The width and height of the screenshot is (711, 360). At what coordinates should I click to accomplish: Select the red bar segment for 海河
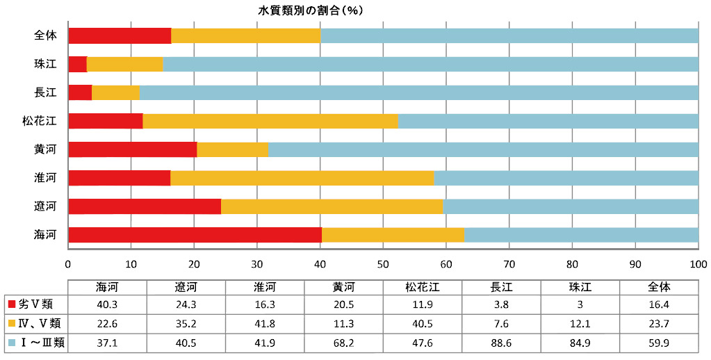tap(195, 235)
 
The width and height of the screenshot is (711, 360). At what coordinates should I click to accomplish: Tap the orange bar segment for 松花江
tap(270, 121)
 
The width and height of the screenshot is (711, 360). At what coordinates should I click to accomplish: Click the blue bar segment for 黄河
tap(482, 149)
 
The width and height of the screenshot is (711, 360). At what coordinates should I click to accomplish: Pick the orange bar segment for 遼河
tap(332, 206)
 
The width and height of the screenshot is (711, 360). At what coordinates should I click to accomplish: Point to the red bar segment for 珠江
tap(77, 64)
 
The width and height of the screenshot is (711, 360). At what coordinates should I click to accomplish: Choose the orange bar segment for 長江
tap(115, 92)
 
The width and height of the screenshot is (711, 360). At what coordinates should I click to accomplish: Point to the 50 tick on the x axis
tap(383, 265)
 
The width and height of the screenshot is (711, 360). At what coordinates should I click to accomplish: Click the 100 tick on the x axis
tap(698, 265)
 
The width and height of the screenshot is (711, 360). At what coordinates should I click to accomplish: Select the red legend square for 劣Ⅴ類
tap(11, 304)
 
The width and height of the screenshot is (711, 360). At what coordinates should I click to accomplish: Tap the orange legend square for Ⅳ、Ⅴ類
tap(11, 323)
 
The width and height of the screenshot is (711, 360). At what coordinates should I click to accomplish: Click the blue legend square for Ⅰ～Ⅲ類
tap(11, 343)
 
